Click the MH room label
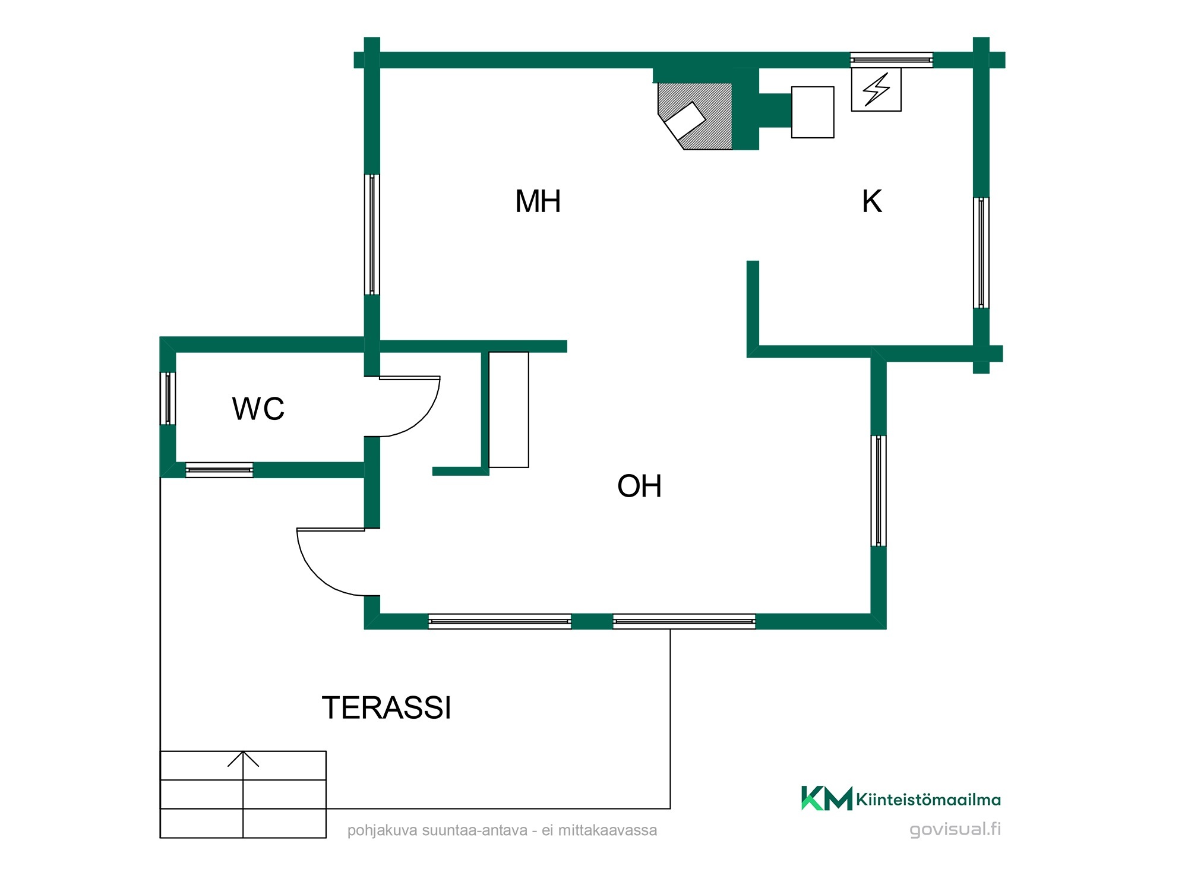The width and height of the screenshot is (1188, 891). click(x=538, y=201)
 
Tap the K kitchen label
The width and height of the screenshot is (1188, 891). click(x=871, y=201)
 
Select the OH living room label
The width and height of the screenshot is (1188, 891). click(x=639, y=486)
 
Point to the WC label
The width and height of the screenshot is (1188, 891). click(x=258, y=409)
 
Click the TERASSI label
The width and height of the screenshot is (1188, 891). click(x=387, y=707)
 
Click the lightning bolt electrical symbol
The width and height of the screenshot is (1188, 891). click(x=876, y=90)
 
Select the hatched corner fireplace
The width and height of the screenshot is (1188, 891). click(x=694, y=116)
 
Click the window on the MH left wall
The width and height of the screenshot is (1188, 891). click(x=372, y=234)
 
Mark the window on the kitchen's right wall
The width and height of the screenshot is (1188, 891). click(x=981, y=253)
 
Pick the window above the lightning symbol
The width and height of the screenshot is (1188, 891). click(x=891, y=60)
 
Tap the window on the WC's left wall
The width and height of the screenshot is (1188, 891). click(x=168, y=399)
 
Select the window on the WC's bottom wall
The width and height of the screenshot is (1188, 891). click(x=219, y=470)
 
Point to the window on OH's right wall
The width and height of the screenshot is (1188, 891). click(x=879, y=491)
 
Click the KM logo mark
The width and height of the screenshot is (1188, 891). click(x=826, y=798)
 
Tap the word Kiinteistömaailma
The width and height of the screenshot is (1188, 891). click(x=928, y=800)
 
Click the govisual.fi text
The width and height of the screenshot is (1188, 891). click(x=955, y=829)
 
